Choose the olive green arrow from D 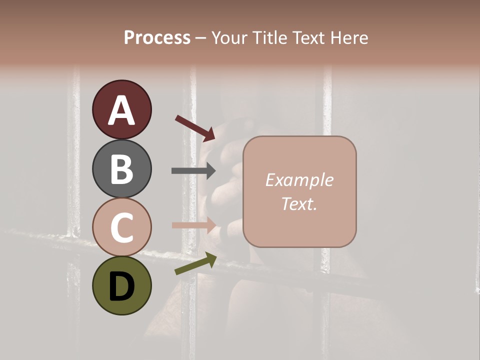(x=195, y=264)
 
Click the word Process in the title (x=157, y=37)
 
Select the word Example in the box (x=299, y=180)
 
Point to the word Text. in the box (x=299, y=203)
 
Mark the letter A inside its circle (x=121, y=110)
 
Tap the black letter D (x=121, y=286)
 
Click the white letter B (x=121, y=169)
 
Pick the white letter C (x=121, y=227)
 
